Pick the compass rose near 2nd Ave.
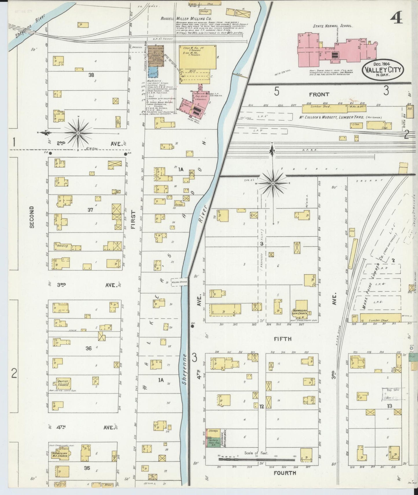(78, 133)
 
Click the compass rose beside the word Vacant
(273, 183)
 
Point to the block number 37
(90, 210)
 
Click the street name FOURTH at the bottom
(285, 473)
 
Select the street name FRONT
(319, 94)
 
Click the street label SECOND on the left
(32, 217)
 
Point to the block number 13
(389, 406)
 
